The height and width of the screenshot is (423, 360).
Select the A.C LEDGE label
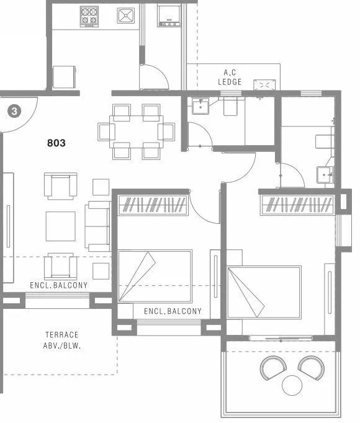click(x=229, y=77)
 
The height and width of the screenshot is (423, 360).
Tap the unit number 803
click(x=56, y=143)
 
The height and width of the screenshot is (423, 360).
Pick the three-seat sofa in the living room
click(x=98, y=226)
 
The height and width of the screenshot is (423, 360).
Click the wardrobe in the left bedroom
click(x=153, y=204)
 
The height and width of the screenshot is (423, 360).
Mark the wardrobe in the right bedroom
click(x=298, y=204)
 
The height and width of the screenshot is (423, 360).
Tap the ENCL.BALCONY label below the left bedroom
click(x=173, y=311)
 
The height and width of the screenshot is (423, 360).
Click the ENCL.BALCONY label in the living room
click(x=59, y=286)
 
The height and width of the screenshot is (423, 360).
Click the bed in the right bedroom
click(x=264, y=291)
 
